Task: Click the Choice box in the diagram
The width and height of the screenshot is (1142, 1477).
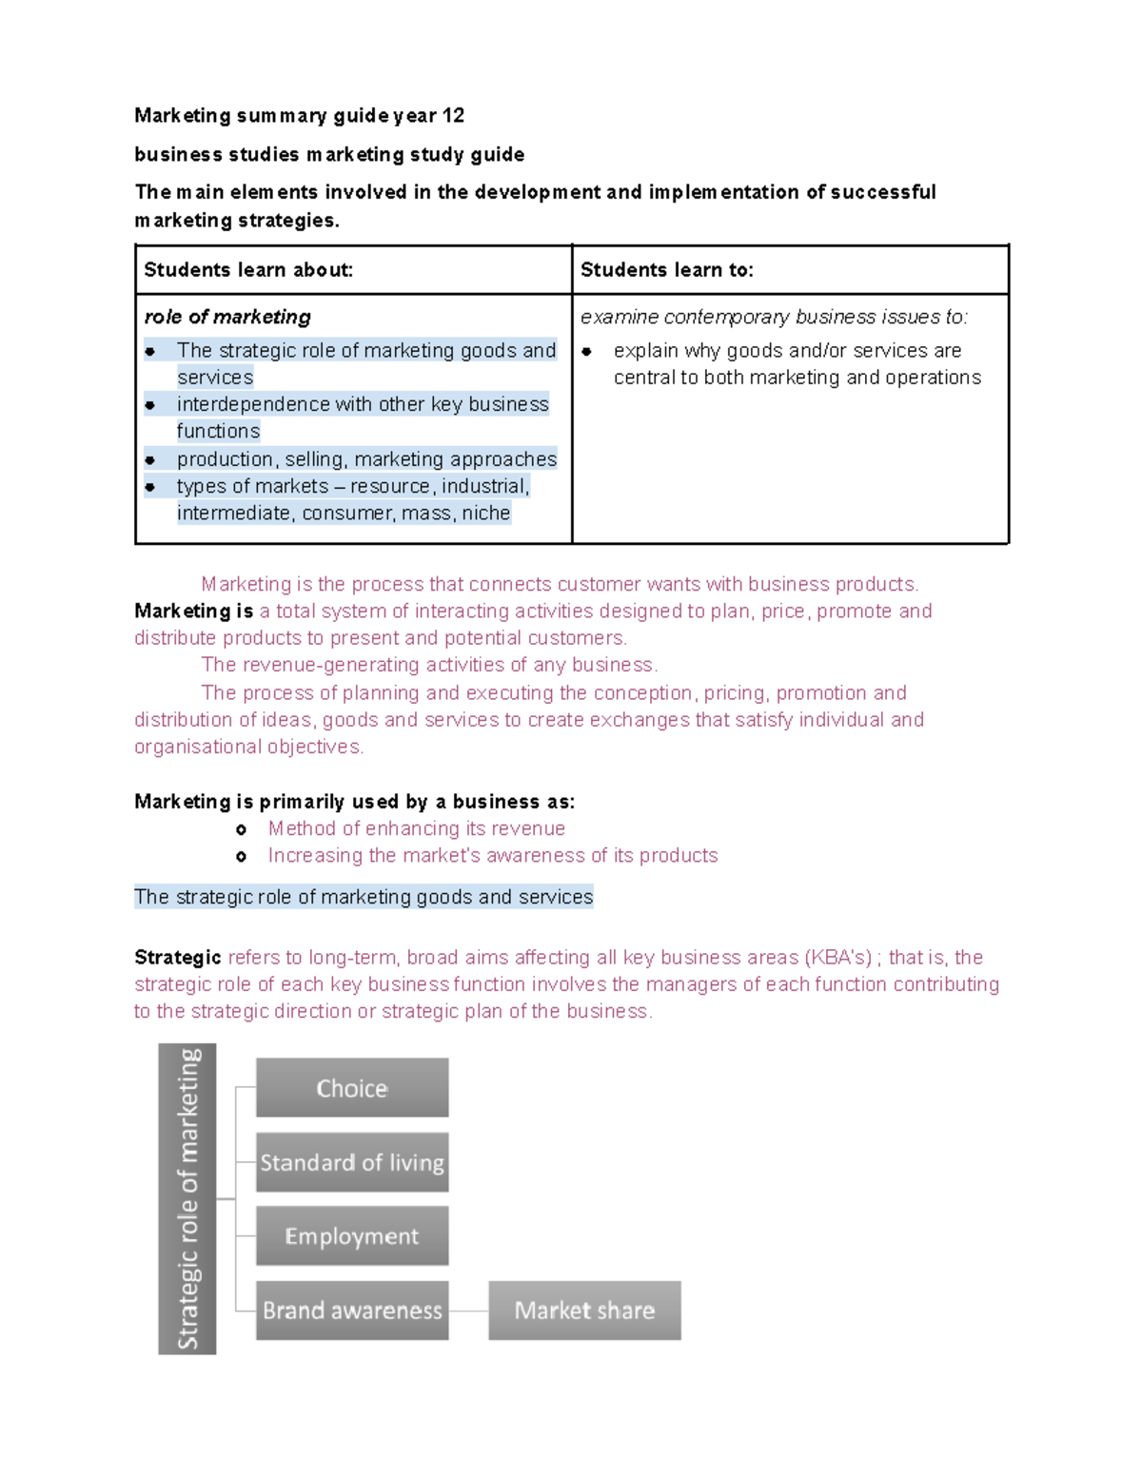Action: click(x=352, y=1087)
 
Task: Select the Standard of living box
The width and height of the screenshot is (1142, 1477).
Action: click(x=352, y=1162)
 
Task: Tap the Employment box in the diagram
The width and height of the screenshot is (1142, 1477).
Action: click(x=352, y=1236)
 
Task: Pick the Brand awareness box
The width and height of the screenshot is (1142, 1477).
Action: click(x=352, y=1311)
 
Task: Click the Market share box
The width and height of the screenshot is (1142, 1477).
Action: click(x=584, y=1311)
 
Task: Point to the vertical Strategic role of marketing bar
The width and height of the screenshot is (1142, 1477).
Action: click(x=187, y=1198)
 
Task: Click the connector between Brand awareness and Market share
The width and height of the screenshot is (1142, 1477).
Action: click(x=468, y=1311)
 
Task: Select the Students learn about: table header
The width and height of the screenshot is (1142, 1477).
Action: click(x=248, y=270)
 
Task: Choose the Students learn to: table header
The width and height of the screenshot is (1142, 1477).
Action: click(x=666, y=270)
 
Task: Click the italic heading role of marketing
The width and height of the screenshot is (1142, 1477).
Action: click(x=227, y=317)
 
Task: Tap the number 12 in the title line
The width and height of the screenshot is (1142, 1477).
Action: click(x=453, y=116)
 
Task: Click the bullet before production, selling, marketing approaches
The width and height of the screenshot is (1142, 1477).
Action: click(x=150, y=460)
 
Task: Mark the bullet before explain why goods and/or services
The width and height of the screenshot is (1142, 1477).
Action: click(x=587, y=352)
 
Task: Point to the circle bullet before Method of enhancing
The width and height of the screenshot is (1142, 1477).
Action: click(x=242, y=830)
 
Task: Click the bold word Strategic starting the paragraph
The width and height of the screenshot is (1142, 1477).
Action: click(x=178, y=958)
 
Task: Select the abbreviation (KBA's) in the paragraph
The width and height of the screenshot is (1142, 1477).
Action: click(x=837, y=958)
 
